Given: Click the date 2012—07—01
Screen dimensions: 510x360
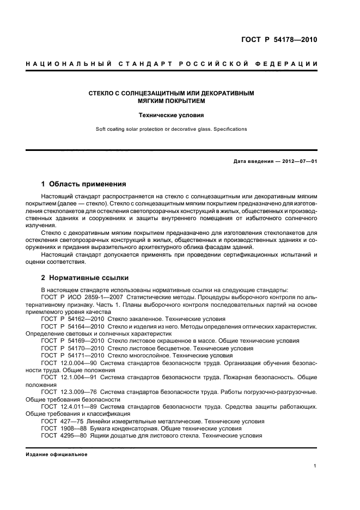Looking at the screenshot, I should click(x=298, y=161).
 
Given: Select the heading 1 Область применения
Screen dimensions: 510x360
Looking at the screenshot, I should click(x=83, y=184).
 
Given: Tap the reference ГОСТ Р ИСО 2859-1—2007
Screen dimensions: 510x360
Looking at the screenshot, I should click(x=83, y=297).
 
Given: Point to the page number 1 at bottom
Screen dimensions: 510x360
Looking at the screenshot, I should click(x=315, y=466).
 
